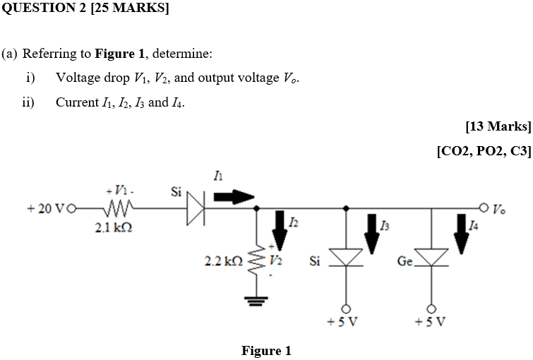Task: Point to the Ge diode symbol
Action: tap(431, 258)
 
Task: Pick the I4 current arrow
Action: tap(461, 233)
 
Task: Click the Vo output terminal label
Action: tap(499, 209)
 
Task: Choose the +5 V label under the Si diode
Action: tap(343, 323)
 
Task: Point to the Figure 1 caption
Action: tap(266, 351)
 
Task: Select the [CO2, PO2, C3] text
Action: tap(484, 150)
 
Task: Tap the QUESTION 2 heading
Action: tap(85, 9)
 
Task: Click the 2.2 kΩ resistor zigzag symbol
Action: tap(256, 262)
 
